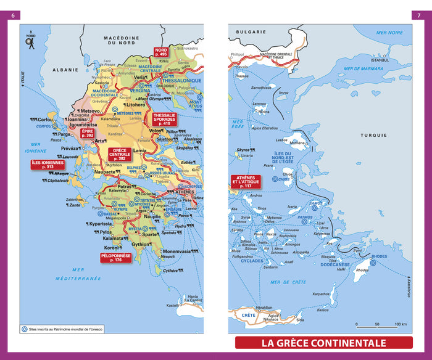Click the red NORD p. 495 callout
(161, 52)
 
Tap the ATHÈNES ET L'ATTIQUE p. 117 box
(246, 182)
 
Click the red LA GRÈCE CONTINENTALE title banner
(323, 343)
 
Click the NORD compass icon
(29, 40)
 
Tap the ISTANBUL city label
(377, 60)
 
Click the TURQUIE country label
(374, 135)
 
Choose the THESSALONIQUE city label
(181, 81)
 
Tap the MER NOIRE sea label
(389, 32)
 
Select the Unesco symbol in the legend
(25, 329)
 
